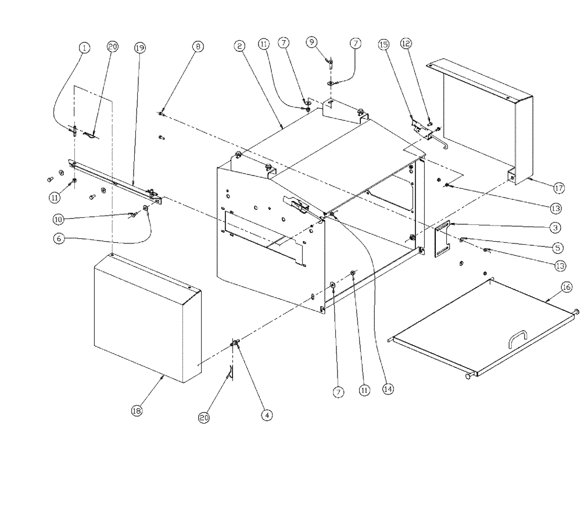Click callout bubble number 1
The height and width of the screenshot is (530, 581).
[85, 48]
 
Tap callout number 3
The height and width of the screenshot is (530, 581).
[555, 227]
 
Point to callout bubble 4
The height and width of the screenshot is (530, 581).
[266, 415]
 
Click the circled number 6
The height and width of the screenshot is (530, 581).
[59, 238]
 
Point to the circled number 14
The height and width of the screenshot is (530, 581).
[386, 390]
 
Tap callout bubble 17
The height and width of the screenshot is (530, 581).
[558, 188]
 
